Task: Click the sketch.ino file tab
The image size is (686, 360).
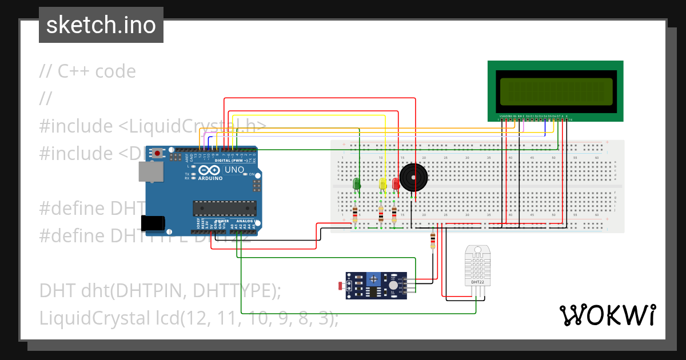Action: point(101,25)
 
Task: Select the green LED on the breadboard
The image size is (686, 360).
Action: point(356,184)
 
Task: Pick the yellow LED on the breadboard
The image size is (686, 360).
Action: point(382,184)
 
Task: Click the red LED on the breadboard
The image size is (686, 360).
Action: point(395,184)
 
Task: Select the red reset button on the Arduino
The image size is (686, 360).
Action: point(157,153)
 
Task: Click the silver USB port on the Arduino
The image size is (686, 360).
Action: point(150,171)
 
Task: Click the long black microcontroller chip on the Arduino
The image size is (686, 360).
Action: point(222,209)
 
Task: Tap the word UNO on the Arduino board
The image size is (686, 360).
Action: point(235,170)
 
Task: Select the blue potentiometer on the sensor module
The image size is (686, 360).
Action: point(373,278)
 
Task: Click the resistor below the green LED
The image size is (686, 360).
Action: point(356,214)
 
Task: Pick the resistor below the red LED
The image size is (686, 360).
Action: point(394,214)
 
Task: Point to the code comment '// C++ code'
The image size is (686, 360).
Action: point(87,71)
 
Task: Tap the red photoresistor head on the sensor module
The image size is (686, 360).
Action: point(341,285)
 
